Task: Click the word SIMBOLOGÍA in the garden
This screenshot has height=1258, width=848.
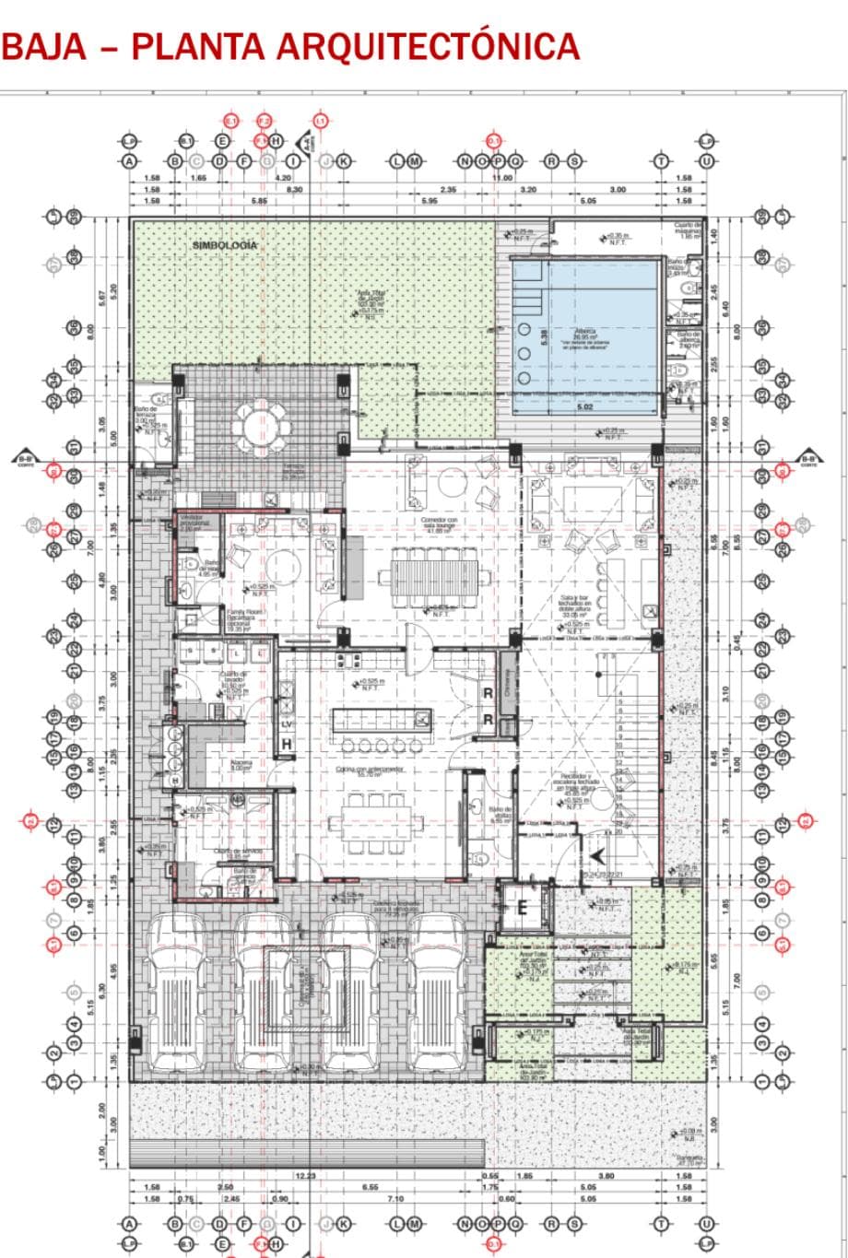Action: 225,246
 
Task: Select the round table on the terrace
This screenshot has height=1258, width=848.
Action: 265,427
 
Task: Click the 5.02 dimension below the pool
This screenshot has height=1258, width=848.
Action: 584,406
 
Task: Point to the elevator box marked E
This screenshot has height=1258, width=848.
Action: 521,908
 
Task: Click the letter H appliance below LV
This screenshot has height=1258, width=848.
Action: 287,743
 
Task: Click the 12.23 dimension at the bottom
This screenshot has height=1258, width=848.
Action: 305,1175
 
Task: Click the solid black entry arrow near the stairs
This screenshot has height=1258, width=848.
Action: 596,855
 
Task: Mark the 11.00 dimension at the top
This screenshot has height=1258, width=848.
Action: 502,177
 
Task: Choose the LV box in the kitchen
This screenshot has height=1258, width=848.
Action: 286,723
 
